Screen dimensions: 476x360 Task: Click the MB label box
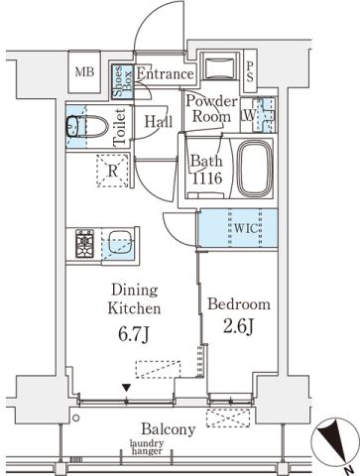coord(85,73)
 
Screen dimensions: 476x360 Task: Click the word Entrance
coord(165,73)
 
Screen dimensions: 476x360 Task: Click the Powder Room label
coord(208,108)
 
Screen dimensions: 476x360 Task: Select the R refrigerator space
coord(112,170)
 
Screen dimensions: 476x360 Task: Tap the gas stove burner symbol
coord(83,244)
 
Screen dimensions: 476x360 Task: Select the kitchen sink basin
coord(121,243)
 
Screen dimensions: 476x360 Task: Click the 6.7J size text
coord(134,335)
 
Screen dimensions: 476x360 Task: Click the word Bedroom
coord(239,304)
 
